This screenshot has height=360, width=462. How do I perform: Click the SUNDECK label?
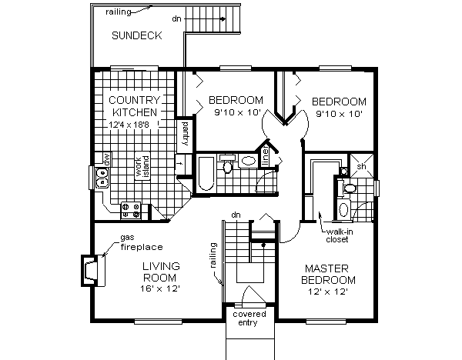[136, 35]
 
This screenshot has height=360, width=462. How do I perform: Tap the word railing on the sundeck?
[108, 12]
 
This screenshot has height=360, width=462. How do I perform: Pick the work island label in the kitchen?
[143, 170]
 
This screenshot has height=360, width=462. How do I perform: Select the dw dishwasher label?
[98, 158]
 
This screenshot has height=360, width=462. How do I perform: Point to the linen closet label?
[266, 155]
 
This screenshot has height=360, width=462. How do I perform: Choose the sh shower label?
[361, 165]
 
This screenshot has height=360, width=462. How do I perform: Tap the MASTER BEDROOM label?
[329, 274]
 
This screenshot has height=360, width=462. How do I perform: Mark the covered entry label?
[249, 318]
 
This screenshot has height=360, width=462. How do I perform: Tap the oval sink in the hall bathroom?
[249, 162]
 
